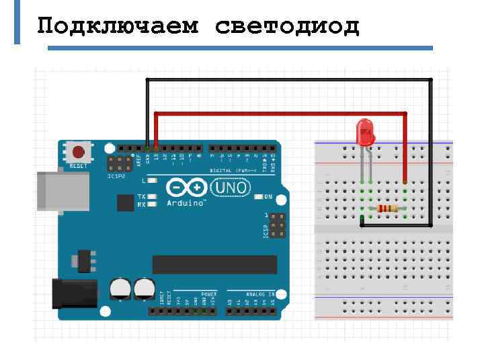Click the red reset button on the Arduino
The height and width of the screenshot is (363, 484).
79,152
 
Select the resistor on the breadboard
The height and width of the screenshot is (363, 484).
388,208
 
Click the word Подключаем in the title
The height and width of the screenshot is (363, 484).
118,26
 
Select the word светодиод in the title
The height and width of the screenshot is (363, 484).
288,26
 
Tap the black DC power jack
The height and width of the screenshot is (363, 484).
73,294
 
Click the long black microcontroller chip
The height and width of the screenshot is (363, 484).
214,264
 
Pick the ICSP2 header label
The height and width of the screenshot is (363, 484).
116,176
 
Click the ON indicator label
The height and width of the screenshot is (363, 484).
268,197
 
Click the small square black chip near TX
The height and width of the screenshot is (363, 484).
125,202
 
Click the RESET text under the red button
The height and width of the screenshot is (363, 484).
78,165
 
